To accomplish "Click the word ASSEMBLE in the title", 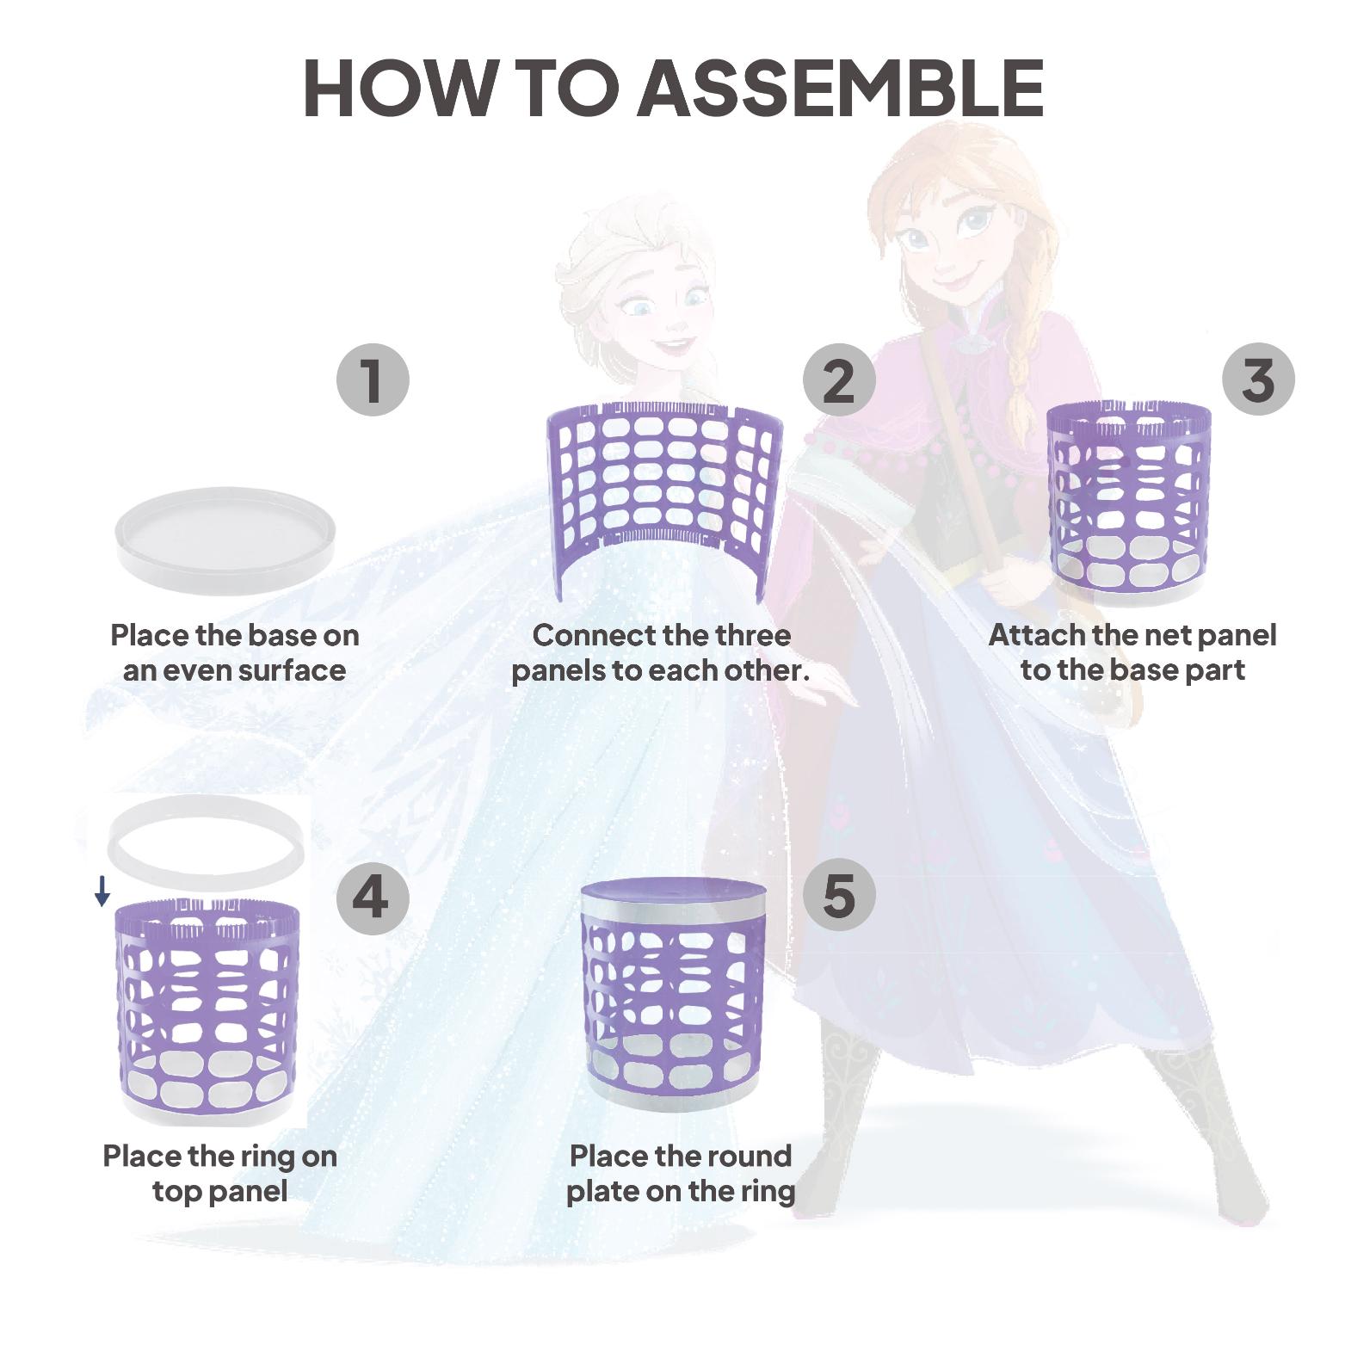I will (x=840, y=89).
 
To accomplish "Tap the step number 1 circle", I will (x=372, y=379).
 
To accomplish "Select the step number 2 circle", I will (x=839, y=379).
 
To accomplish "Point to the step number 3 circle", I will (x=1258, y=379).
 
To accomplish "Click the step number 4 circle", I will (x=372, y=896).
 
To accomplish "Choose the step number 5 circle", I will (x=839, y=896).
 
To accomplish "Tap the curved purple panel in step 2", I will (x=664, y=482).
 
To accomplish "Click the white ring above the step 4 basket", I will (x=207, y=836).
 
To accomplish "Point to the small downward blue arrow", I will (x=102, y=892).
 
